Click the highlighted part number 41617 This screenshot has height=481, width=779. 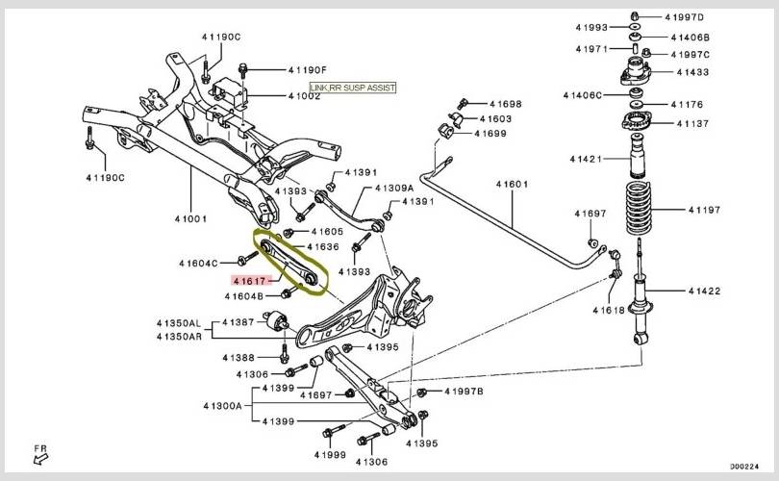coord(248,279)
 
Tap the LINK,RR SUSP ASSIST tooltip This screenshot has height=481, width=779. coord(352,88)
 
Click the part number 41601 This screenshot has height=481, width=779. coord(513,184)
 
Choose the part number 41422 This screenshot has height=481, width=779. coord(706,291)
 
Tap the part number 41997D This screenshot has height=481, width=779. coord(685,16)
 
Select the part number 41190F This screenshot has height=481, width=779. coord(308,70)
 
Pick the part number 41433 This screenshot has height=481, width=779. coord(691,71)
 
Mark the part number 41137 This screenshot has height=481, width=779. coord(691,123)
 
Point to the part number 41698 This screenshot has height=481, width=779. coord(505,103)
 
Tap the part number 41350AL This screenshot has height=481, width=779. coord(179,322)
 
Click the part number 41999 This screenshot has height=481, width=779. coord(329,453)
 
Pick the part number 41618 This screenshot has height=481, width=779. coord(609,311)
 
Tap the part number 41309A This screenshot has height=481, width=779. coord(393,188)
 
